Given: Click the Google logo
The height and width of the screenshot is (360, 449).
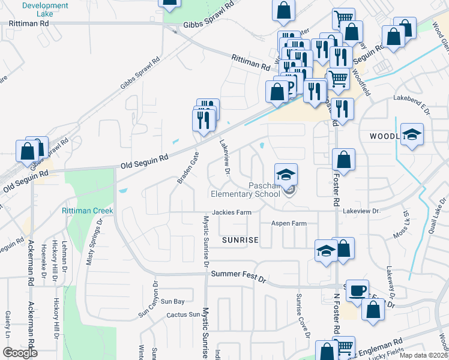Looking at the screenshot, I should [20, 353].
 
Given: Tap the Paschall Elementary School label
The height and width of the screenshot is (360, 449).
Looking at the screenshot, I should [246, 190].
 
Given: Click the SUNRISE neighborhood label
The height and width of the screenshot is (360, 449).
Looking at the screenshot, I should [240, 240].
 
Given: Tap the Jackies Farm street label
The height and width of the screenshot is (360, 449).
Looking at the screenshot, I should [231, 212].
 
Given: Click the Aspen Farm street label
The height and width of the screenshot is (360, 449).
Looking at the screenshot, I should [289, 223].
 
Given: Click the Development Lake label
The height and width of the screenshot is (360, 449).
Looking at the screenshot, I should [45, 9].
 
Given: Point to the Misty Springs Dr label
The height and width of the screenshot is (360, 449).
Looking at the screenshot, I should [95, 241].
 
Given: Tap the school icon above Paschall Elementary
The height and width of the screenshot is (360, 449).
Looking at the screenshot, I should [286, 175].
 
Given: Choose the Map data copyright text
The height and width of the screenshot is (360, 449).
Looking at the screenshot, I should [423, 355].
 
